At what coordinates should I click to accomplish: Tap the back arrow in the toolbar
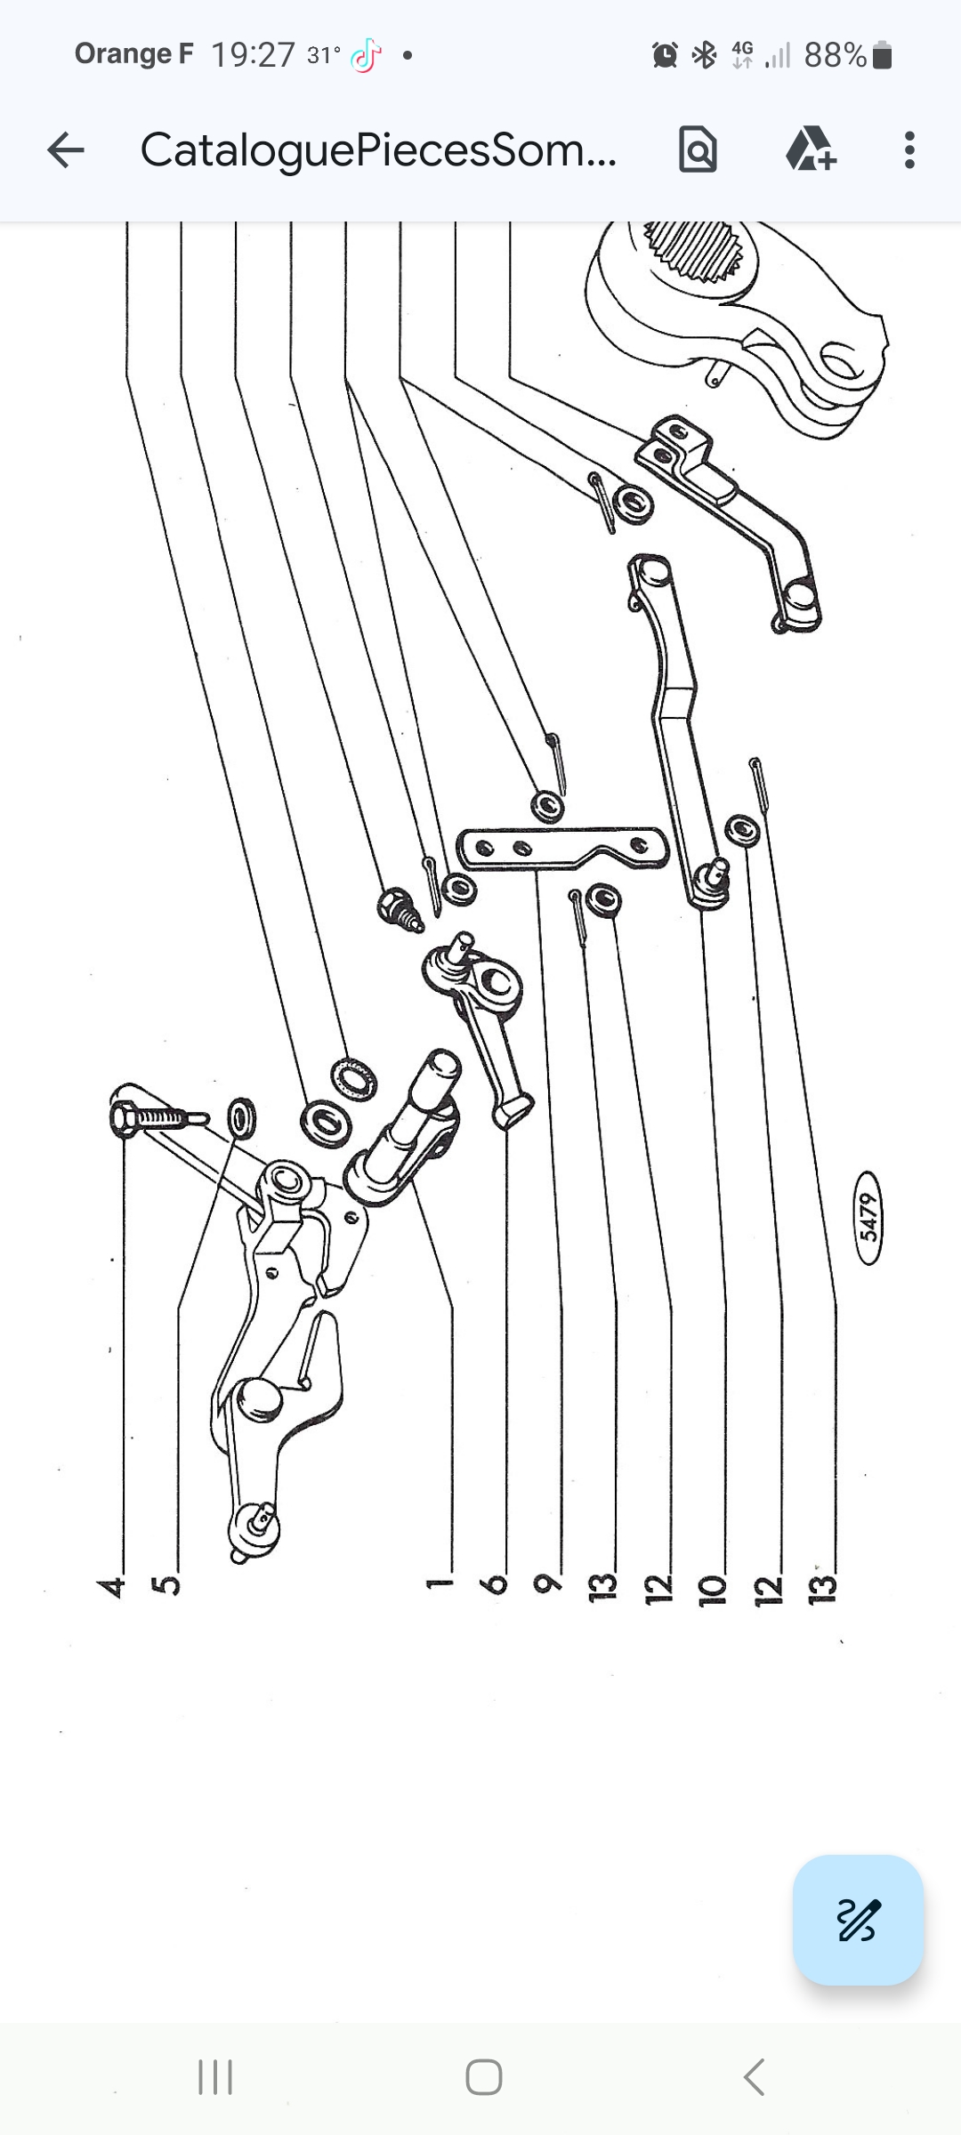point(66,150)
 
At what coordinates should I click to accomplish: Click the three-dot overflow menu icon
point(909,150)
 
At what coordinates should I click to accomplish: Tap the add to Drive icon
point(811,149)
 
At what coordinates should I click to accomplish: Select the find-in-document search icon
point(698,149)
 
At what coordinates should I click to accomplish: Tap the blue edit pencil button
point(858,1920)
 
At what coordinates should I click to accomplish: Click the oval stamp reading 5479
point(869,1217)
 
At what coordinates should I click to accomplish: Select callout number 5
point(167,1585)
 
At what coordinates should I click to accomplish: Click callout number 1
point(439,1583)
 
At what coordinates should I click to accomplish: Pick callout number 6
point(495,1584)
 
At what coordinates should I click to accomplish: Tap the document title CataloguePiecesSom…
point(378,150)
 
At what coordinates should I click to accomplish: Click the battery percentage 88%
point(836,55)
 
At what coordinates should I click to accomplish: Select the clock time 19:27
point(253,55)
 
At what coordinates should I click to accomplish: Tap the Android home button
point(483,2077)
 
